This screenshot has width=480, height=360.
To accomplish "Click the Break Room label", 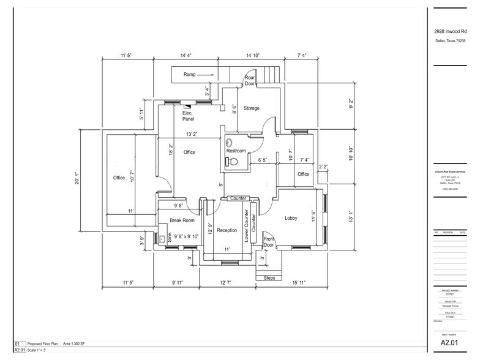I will click(182, 220).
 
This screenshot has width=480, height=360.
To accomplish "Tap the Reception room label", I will click(227, 230).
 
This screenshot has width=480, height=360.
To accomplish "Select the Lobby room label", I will click(291, 218).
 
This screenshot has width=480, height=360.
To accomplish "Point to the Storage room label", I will click(252, 108).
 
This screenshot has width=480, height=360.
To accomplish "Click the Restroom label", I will click(236, 151).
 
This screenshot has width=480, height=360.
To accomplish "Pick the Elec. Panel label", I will click(188, 116).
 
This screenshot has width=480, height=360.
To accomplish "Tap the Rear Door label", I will click(250, 80).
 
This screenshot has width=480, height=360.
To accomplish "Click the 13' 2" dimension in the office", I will click(191, 133).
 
